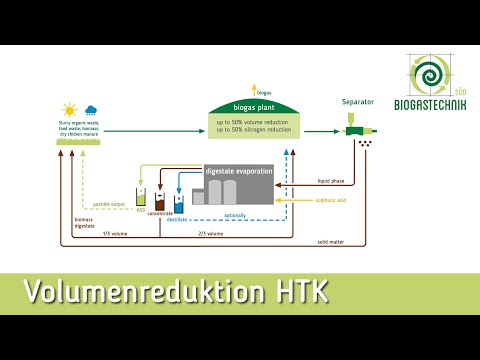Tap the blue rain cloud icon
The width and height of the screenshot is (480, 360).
[x=91, y=109]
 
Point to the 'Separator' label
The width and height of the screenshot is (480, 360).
[x=358, y=102]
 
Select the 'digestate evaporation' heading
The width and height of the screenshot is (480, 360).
[x=238, y=171]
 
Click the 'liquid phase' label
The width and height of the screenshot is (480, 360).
[x=331, y=182]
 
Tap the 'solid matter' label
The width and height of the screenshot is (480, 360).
[x=332, y=241]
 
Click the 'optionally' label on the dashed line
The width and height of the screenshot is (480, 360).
[x=235, y=213]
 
